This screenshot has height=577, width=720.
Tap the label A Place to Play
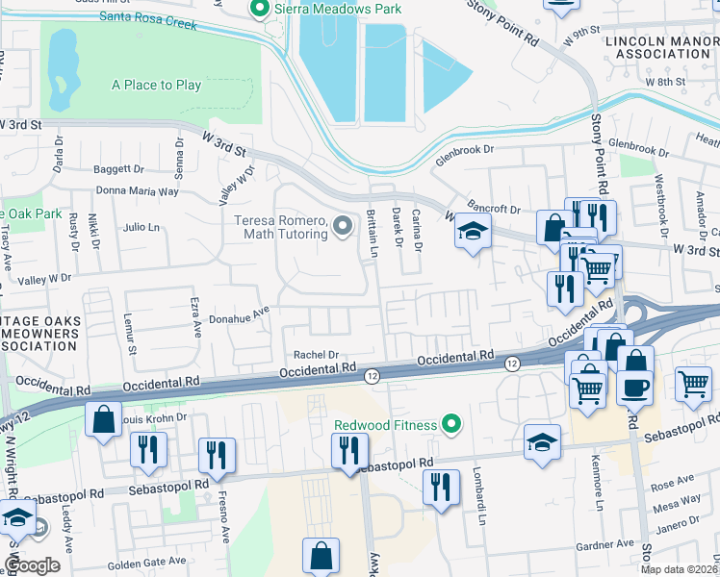click(156, 85)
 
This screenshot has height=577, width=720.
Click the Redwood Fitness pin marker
click(449, 425)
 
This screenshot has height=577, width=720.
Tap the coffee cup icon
click(633, 388)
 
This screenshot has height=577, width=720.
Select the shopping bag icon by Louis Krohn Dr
click(103, 420)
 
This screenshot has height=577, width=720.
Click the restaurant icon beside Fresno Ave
click(217, 454)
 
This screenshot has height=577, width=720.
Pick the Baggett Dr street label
click(118, 169)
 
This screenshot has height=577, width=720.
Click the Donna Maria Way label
click(138, 191)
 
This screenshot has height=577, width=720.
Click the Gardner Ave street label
click(604, 546)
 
